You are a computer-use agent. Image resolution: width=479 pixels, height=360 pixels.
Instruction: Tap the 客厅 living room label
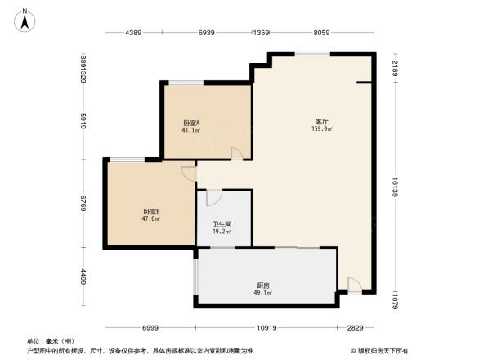(x=322, y=122)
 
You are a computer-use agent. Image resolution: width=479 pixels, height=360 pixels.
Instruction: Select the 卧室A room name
(x=192, y=124)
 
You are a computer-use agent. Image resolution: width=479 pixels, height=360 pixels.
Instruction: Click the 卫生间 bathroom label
(x=223, y=224)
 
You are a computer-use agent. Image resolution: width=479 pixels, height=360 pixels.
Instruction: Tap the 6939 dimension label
(x=206, y=33)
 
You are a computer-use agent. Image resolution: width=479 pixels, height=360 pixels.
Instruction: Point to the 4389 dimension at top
(x=133, y=33)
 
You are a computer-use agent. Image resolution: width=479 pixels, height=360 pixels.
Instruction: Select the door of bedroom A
(x=236, y=154)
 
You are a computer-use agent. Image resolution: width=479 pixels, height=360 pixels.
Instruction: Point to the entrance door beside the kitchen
(x=353, y=284)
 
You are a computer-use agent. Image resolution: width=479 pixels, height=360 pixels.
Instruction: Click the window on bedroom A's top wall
(x=186, y=82)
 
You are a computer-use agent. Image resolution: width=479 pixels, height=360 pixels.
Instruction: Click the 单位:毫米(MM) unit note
(x=50, y=340)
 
